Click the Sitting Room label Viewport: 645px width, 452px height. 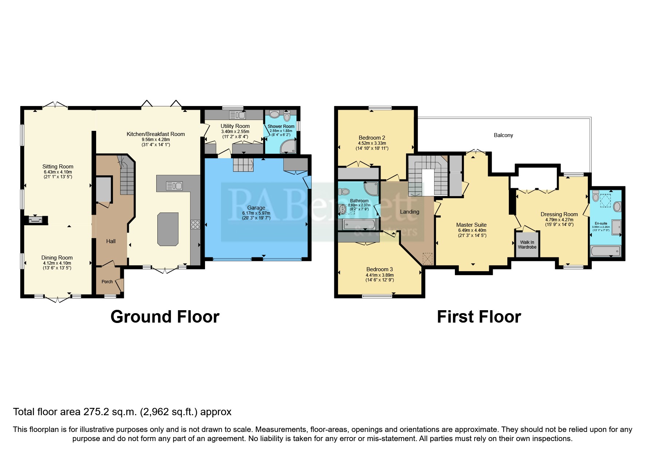[58, 167]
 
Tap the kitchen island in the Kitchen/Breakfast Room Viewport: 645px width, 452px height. [168, 229]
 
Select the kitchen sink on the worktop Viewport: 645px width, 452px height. [174, 186]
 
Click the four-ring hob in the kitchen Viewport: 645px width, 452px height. [195, 225]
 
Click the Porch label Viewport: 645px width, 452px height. [107, 281]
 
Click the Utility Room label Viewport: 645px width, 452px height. [235, 126]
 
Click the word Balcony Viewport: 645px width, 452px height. [503, 135]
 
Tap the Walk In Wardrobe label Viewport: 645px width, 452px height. [527, 245]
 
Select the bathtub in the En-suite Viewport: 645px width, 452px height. [605, 251]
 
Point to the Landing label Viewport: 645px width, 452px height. [409, 211]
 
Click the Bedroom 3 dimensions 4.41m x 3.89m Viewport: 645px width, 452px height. [379, 275]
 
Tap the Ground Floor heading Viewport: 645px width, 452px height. [165, 316]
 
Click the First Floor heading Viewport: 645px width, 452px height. [479, 316]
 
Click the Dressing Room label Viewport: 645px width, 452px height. [559, 214]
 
